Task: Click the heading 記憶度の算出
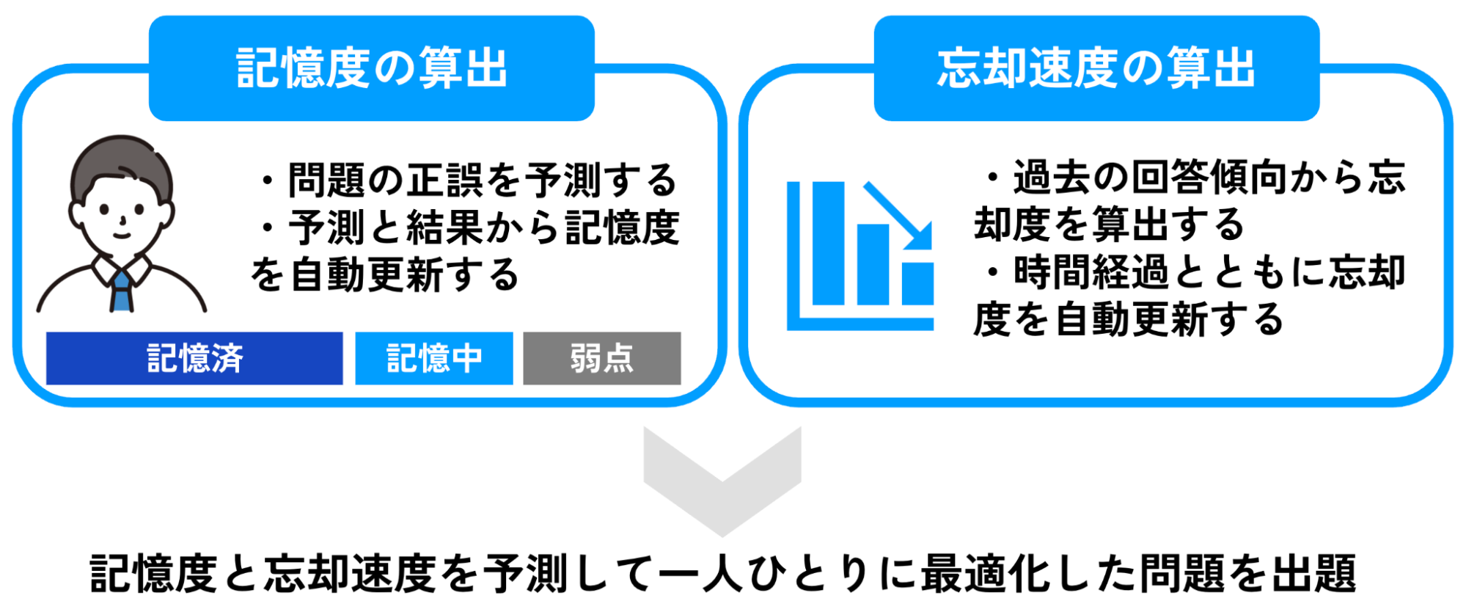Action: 371,68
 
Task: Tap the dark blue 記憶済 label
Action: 194,358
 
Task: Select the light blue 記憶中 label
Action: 434,358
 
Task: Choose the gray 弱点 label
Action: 602,358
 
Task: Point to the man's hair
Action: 122,165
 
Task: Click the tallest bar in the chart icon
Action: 828,243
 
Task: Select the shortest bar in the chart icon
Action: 917,283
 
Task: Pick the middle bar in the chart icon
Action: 873,264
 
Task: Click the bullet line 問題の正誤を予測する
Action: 469,180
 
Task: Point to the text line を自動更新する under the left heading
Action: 385,275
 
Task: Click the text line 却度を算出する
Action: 1109,224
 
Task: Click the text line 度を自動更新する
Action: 1129,319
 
